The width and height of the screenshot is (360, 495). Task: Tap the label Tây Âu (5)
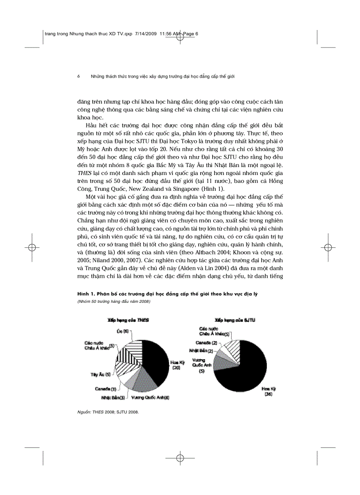(x=101, y=374)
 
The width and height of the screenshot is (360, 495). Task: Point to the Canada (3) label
(x=105, y=389)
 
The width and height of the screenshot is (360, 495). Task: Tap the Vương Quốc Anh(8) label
(x=150, y=398)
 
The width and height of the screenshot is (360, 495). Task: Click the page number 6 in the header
(x=79, y=76)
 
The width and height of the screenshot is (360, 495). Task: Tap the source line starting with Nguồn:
(x=108, y=412)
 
